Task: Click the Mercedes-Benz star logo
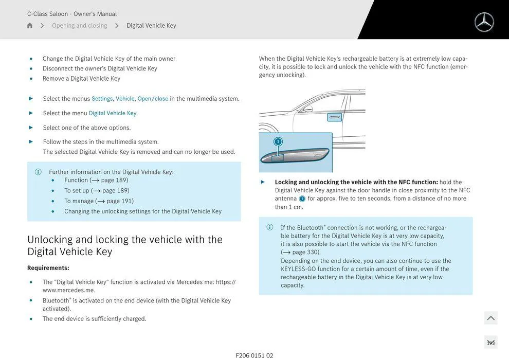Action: pyautogui.click(x=484, y=22)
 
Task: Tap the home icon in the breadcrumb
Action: pyautogui.click(x=30, y=26)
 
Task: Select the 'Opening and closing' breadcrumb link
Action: pyautogui.click(x=79, y=26)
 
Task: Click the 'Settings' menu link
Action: pyautogui.click(x=102, y=99)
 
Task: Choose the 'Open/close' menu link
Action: pyautogui.click(x=153, y=99)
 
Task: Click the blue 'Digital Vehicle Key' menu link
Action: pyautogui.click(x=113, y=113)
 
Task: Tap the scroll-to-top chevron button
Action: pyautogui.click(x=490, y=318)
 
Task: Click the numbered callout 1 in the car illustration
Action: pyautogui.click(x=278, y=141)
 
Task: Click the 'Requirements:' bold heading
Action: pyautogui.click(x=48, y=268)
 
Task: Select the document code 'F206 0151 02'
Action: pyautogui.click(x=254, y=355)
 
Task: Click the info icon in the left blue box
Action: pyautogui.click(x=38, y=172)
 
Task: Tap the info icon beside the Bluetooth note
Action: pyautogui.click(x=270, y=227)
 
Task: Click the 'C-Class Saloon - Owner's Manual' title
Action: pyautogui.click(x=72, y=14)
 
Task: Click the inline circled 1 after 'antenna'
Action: pyautogui.click(x=302, y=199)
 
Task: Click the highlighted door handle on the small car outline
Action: pyautogui.click(x=334, y=117)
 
